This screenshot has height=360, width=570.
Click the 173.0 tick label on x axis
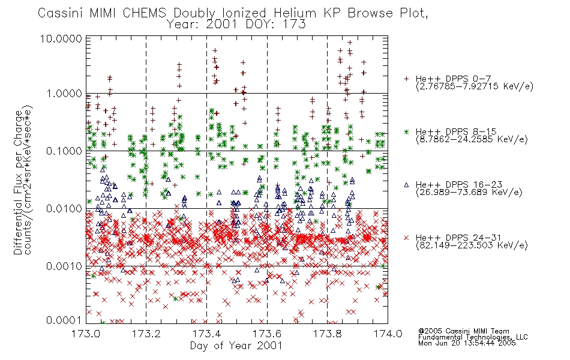(86, 334)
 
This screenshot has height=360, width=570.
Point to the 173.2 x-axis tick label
(146, 334)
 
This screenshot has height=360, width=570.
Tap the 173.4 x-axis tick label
(206, 334)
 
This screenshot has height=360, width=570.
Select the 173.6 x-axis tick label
(267, 334)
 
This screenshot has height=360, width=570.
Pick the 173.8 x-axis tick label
(327, 334)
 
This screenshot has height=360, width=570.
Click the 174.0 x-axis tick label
(388, 334)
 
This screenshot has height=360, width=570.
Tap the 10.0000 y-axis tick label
(61, 38)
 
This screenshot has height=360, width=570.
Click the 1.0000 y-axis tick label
(64, 94)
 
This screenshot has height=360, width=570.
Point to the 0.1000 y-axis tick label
(64, 151)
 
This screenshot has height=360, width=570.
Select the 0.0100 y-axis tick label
(64, 209)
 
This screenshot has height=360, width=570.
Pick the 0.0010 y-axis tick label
(64, 266)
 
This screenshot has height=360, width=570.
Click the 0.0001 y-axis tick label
(64, 320)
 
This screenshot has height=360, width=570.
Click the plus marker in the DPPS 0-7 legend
(406, 79)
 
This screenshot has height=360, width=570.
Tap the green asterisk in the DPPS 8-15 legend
(406, 131)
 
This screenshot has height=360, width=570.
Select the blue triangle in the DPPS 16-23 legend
(406, 185)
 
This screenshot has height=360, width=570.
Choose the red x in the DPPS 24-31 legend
(406, 238)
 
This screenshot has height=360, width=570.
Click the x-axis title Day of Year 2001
(236, 346)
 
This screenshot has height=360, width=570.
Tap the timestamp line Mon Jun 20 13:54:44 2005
(467, 343)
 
